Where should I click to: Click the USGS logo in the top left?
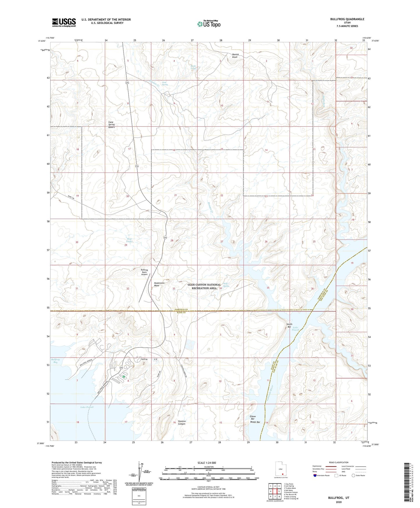pos(64,22)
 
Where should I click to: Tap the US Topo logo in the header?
pos(208,24)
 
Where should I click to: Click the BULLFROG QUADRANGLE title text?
pos(347,19)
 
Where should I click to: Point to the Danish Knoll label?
pos(235,56)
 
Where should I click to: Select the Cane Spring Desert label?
pos(111,125)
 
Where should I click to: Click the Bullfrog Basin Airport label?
pos(144,272)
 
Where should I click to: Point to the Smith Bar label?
pos(289,326)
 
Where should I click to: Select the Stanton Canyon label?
pos(182,422)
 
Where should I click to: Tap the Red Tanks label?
pos(129,240)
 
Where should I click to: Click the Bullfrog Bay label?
pos(55,361)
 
